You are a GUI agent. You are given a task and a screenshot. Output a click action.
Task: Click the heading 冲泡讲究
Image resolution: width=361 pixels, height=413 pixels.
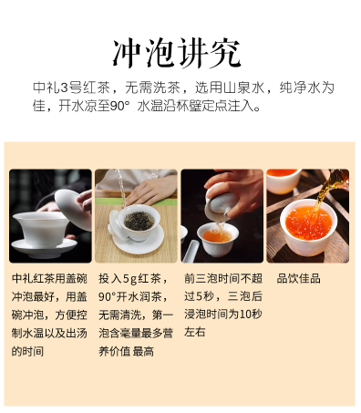coord(180,51)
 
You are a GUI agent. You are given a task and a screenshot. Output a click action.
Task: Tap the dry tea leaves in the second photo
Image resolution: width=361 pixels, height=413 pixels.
coord(137,221)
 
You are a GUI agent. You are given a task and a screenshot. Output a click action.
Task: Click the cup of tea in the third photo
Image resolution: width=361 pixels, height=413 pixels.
coord(219,237)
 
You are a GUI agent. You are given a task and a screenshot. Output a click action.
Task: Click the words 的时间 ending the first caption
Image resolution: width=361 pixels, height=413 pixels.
coord(27,351)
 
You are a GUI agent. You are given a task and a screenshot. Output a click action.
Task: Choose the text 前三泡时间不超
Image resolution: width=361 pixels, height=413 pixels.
coord(222,278)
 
